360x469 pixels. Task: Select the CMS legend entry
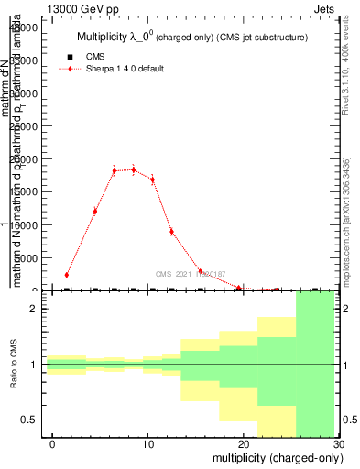click(x=88, y=57)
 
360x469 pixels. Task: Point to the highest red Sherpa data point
click(x=134, y=169)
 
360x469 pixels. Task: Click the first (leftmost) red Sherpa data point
click(x=67, y=274)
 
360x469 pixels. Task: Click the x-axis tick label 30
click(x=339, y=443)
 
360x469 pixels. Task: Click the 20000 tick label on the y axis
click(x=23, y=159)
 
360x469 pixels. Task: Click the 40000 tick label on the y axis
click(x=23, y=27)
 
